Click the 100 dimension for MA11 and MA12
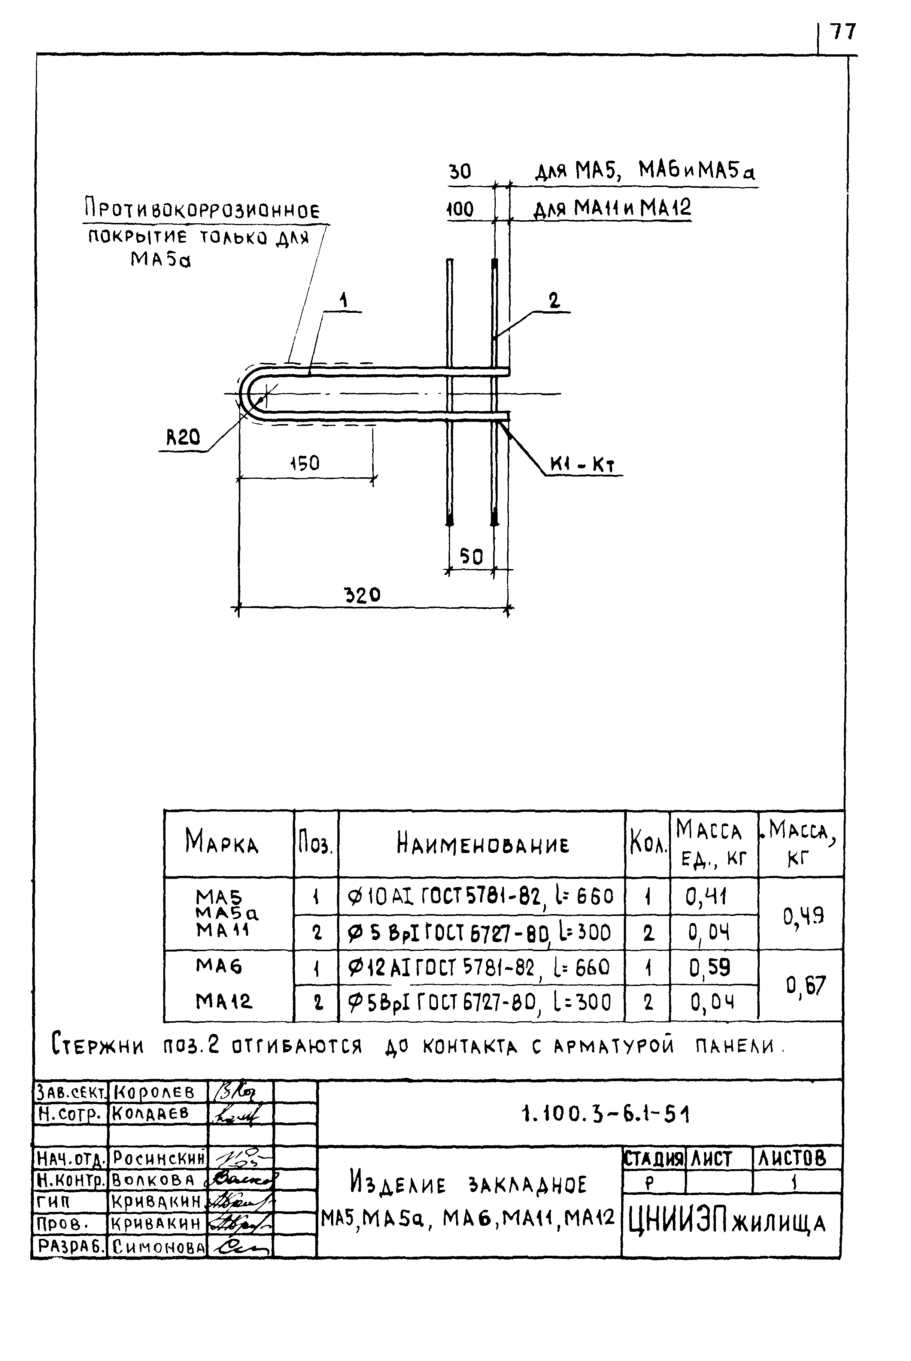(460, 209)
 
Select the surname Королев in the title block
(154, 1092)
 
